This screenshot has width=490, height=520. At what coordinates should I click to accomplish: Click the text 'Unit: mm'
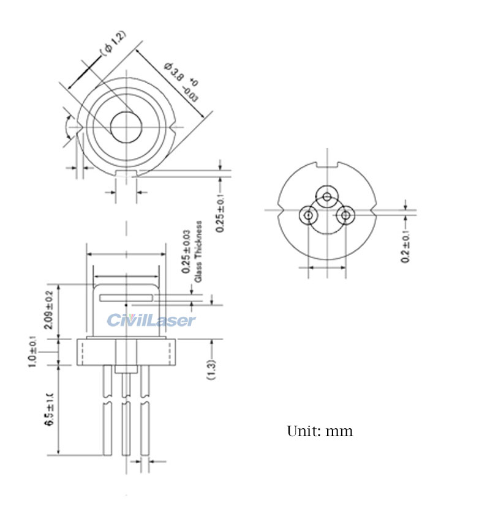(x=320, y=431)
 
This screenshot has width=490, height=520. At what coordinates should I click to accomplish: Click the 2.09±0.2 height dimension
(x=49, y=310)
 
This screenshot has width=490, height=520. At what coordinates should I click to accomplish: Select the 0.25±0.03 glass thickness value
(x=186, y=251)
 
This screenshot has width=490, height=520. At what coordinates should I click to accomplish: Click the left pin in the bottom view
(x=308, y=215)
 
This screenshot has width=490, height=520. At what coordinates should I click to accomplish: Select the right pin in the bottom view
(x=346, y=215)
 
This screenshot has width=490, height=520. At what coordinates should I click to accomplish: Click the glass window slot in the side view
(x=126, y=298)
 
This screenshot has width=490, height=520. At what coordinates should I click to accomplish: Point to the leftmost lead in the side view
(x=107, y=410)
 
